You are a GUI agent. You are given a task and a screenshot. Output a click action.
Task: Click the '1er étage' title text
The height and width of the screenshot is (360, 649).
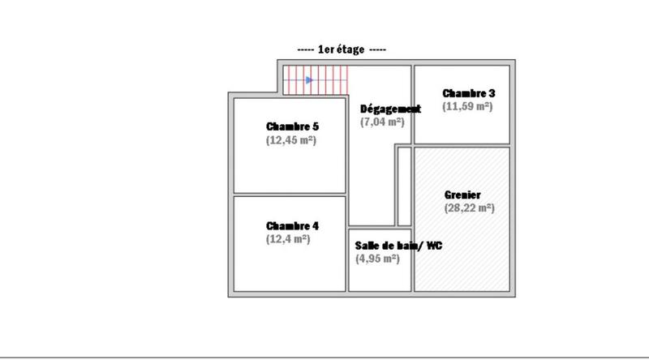342,49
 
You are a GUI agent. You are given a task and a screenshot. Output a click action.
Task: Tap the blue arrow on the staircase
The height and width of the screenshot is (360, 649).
309,79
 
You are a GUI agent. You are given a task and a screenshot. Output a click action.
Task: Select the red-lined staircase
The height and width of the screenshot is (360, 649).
316,79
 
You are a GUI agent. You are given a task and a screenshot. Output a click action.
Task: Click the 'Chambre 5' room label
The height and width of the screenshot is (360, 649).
292,126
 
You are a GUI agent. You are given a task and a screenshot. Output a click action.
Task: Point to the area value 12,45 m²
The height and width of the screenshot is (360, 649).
290,140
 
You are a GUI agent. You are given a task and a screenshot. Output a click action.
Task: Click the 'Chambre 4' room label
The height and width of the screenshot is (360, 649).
292,225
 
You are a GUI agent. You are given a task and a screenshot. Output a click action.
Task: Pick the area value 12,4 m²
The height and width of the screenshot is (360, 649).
287,239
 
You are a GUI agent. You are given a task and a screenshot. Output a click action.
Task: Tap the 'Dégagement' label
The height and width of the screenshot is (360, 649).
389,109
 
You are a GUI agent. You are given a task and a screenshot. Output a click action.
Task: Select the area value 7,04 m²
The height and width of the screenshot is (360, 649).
382,122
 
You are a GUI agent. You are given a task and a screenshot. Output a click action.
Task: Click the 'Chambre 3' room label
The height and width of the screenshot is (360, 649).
468,92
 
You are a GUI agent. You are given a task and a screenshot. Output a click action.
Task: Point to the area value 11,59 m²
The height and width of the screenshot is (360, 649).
467,106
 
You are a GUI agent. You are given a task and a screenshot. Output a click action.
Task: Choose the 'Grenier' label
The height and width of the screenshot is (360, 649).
462,195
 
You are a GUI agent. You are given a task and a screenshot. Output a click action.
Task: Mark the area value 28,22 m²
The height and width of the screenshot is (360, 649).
469,208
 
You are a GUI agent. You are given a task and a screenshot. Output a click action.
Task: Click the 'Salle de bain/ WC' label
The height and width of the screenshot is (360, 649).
398,245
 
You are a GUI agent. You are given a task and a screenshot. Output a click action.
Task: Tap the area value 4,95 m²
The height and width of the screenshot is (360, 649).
377,259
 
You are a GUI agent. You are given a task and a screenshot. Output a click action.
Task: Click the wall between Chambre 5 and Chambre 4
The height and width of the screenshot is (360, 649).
290,195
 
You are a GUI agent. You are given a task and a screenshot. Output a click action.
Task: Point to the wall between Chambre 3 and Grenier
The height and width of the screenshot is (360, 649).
462,145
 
